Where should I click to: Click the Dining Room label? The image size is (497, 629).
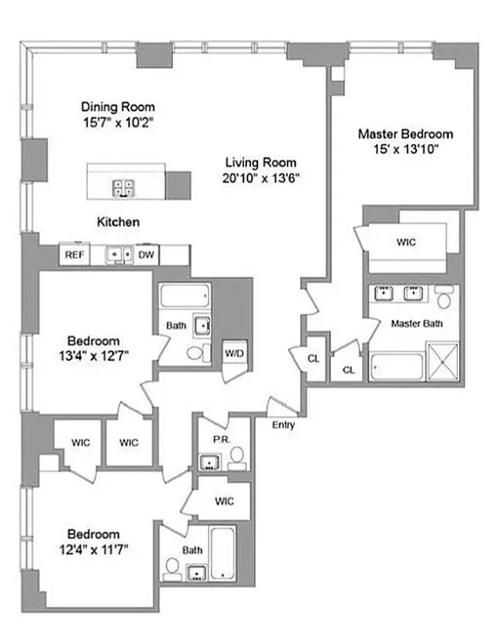pos(119,107)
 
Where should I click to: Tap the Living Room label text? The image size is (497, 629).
pos(261,163)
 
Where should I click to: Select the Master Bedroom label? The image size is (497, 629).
pos(405,134)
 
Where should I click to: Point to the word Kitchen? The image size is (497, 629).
pos(118,223)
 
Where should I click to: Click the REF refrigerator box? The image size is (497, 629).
pos(75,255)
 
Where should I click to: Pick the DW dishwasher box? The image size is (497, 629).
pos(146,255)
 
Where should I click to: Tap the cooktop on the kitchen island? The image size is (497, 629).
pos(123,187)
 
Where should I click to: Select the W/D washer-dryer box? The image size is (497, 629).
pos(234,354)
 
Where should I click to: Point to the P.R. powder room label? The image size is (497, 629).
pos(220,441)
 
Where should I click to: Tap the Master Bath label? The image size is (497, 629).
pos(417,323)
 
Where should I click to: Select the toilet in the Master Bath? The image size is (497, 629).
pos(444,299)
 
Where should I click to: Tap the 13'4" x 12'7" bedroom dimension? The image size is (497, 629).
pos(93,355)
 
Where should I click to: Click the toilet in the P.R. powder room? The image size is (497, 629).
pos(236,461)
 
